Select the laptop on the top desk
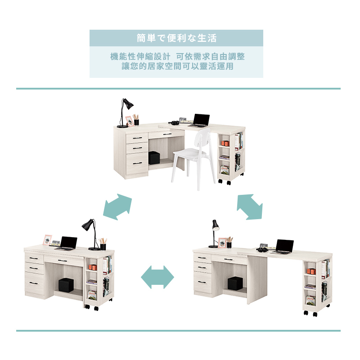[x=200, y=120]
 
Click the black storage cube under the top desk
[x=154, y=157]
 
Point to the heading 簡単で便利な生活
[x=176, y=38]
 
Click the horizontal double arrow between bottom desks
[x=157, y=277]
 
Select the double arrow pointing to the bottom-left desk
[x=117, y=207]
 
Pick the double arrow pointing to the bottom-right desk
[x=250, y=207]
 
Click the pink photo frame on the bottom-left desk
[x=47, y=240]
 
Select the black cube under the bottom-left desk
[x=67, y=285]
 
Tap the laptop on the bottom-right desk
[x=283, y=247]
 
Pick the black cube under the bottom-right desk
[x=235, y=283]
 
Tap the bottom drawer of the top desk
[x=137, y=162]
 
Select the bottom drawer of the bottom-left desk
[x=35, y=284]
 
